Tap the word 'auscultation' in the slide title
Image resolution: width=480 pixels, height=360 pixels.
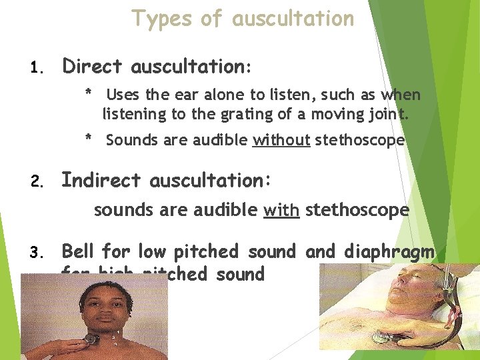click(x=293, y=19)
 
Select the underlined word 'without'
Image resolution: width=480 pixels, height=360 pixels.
click(x=281, y=140)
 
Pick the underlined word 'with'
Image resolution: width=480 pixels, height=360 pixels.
click(x=281, y=211)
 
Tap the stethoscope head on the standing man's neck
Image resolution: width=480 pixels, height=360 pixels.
click(x=89, y=339)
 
